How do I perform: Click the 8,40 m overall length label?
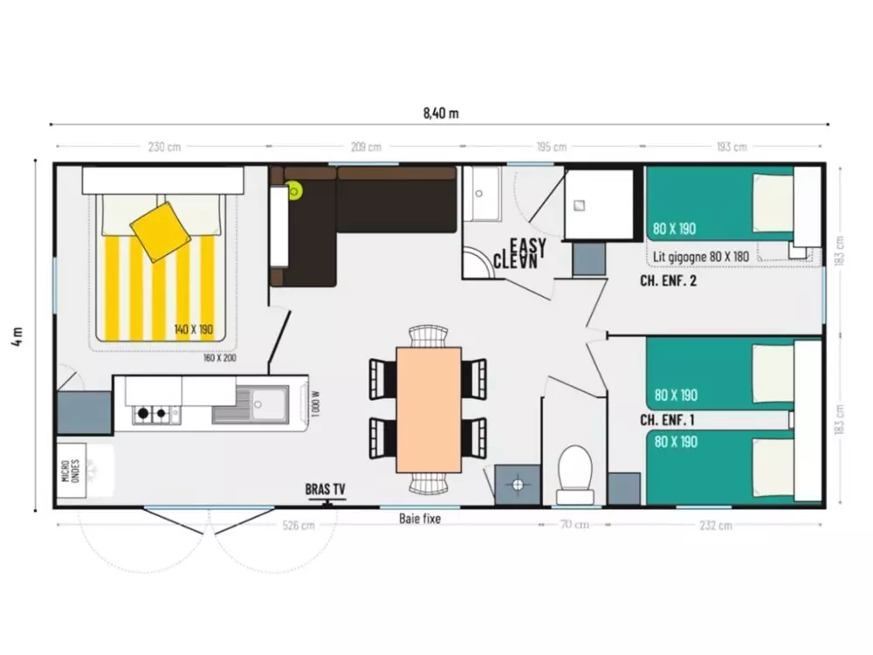point(441,113)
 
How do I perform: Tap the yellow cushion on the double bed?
point(161,231)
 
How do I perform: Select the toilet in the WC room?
point(574,472)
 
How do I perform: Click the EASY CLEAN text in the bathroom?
point(521,252)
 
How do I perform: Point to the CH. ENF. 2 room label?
point(668,281)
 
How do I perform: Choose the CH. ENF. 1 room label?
point(667,420)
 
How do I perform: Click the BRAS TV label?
point(325,489)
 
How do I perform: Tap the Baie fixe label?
point(420,519)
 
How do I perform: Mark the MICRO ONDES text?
point(72,471)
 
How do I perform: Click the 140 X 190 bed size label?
point(194,330)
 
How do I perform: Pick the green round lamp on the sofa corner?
point(295,190)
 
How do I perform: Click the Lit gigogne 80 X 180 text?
point(701,257)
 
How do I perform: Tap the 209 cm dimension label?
point(366,147)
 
